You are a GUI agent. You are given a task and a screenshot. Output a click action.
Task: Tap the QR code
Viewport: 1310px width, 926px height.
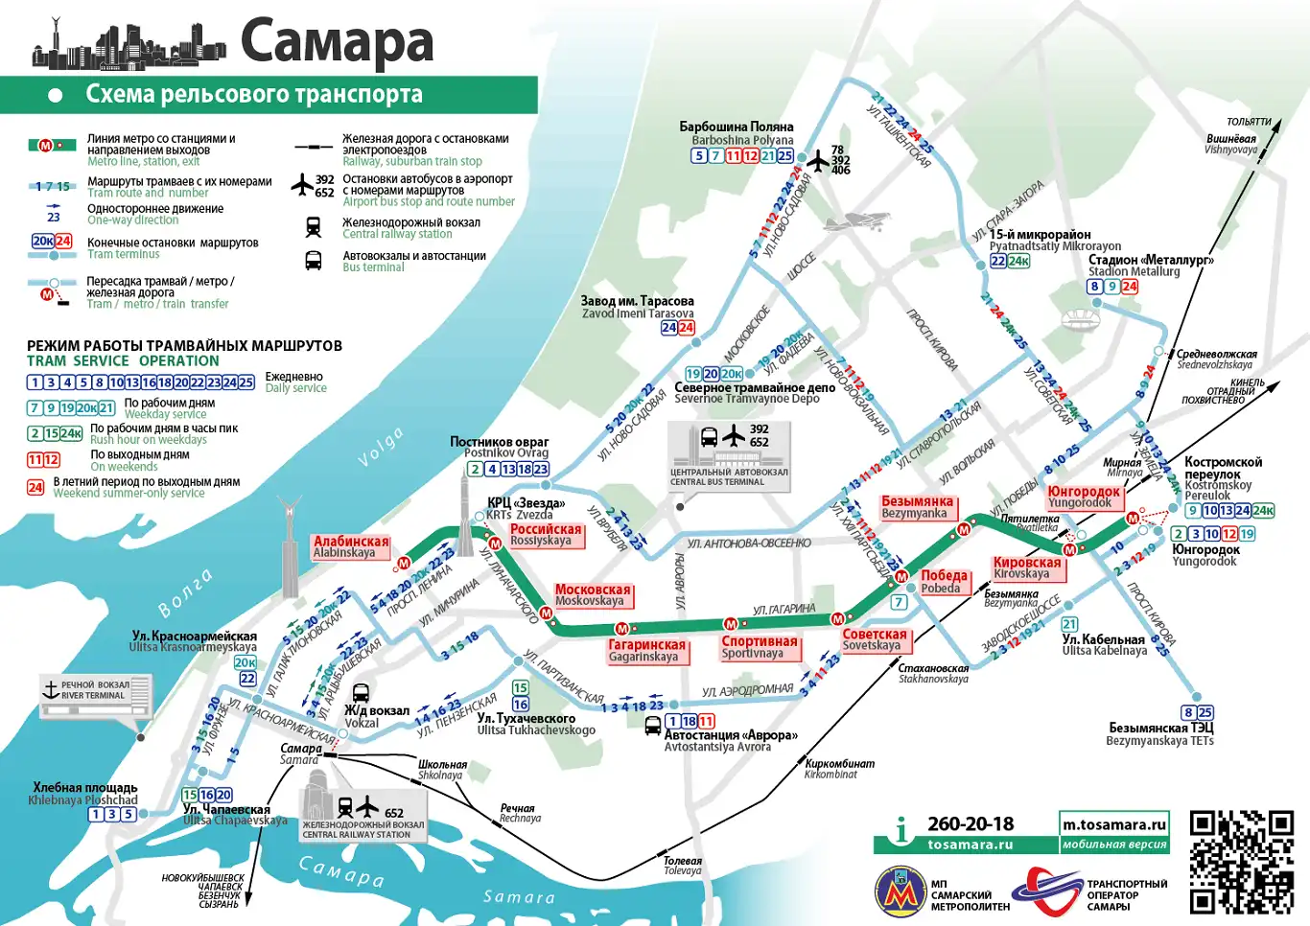[x=1241, y=862]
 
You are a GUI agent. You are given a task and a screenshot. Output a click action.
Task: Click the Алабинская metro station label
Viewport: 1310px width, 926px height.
[x=351, y=546]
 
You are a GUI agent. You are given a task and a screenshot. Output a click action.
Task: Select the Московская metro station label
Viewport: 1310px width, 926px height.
[x=593, y=595]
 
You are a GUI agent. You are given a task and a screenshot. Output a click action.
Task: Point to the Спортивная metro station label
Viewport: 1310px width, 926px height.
[x=759, y=647]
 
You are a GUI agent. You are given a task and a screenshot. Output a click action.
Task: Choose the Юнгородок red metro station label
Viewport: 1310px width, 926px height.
[x=1084, y=497]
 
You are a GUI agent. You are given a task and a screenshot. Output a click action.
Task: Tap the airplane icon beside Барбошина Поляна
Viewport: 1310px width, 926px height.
[x=817, y=161]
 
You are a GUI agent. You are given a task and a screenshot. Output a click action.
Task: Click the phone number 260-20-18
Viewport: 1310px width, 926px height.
[x=970, y=823]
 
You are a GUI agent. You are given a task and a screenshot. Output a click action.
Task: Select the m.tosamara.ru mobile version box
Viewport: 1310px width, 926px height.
[x=1114, y=832]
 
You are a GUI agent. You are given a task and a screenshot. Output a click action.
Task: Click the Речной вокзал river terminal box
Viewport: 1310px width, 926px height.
[x=96, y=696]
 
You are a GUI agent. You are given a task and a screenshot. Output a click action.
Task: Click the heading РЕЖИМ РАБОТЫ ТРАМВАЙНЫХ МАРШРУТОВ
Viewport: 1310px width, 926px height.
[x=184, y=346]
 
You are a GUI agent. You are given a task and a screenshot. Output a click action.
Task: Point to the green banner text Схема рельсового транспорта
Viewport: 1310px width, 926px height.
[x=254, y=94]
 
